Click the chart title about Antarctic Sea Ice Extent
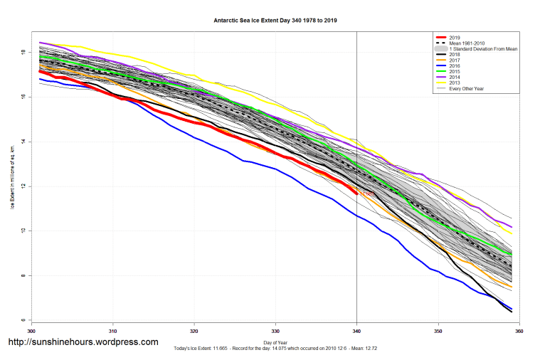275,21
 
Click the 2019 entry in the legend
457,37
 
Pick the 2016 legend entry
457,65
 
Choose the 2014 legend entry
457,77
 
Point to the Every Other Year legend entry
470,88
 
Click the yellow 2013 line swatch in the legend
442,83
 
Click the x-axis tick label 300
31,332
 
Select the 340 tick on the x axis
356,332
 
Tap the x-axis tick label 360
519,332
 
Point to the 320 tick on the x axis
194,332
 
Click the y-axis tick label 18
23,53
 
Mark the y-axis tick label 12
23,186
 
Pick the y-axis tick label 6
23,320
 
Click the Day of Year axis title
275,342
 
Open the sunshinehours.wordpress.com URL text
83,342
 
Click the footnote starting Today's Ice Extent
275,349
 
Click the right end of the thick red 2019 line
356,193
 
